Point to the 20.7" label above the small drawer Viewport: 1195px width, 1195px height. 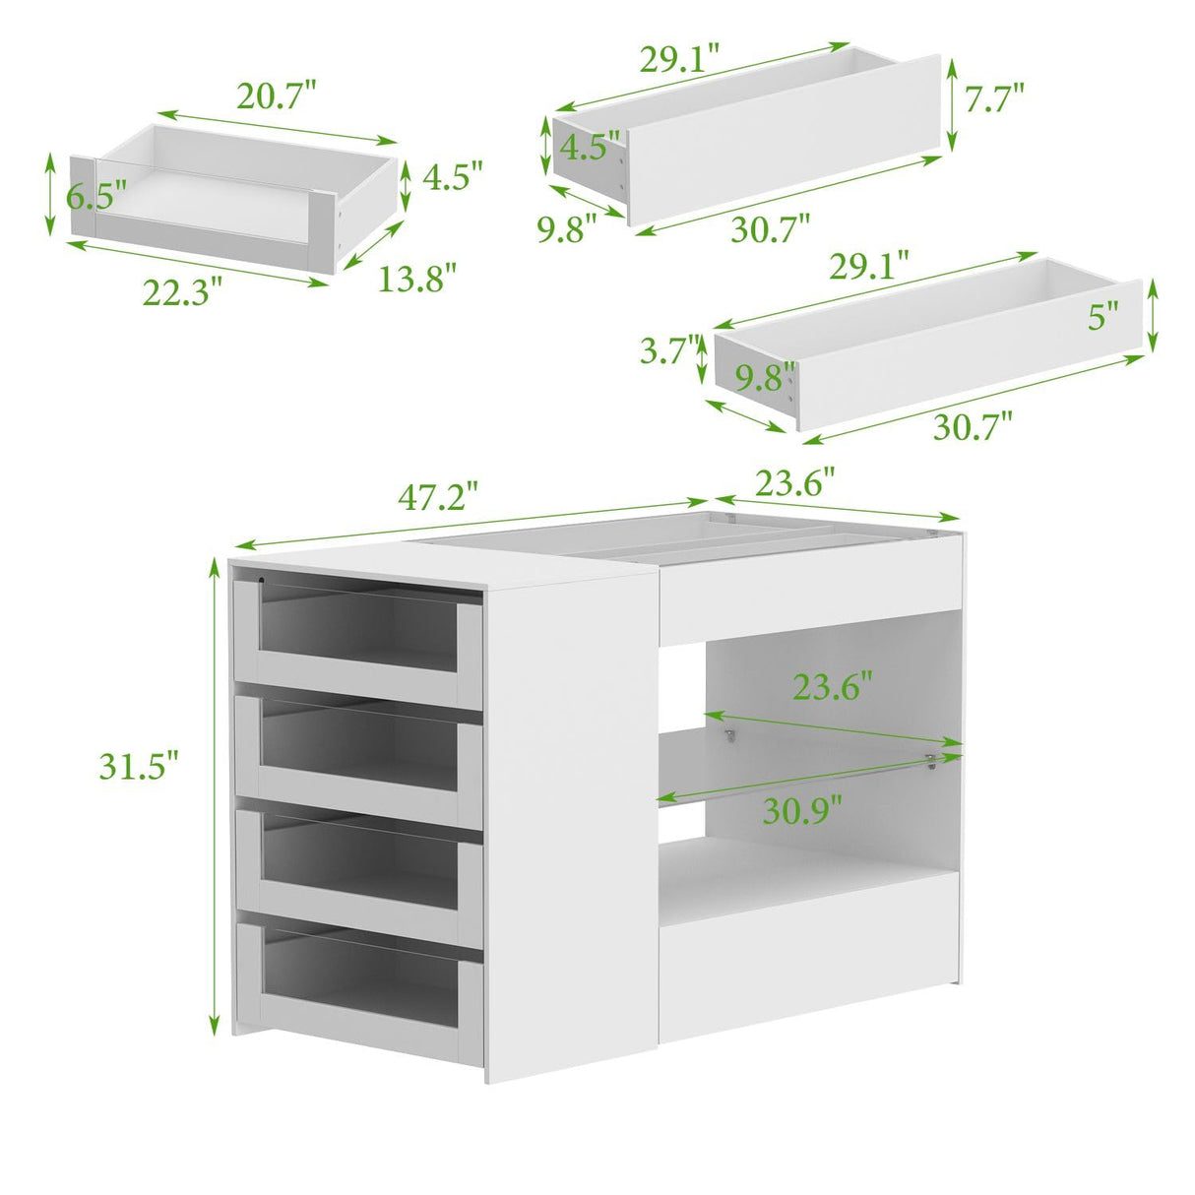(x=277, y=96)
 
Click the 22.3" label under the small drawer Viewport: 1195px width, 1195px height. (x=182, y=290)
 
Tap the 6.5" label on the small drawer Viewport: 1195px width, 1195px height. (x=96, y=196)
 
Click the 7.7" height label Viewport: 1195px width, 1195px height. (x=994, y=98)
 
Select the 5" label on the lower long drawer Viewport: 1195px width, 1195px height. (x=1103, y=316)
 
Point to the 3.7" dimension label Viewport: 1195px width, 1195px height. (x=669, y=351)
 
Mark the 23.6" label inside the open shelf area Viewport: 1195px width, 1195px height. (x=834, y=685)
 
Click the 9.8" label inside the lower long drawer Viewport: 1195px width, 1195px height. (x=766, y=377)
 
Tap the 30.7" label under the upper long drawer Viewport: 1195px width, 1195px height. (x=770, y=229)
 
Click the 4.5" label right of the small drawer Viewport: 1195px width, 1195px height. (x=453, y=177)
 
